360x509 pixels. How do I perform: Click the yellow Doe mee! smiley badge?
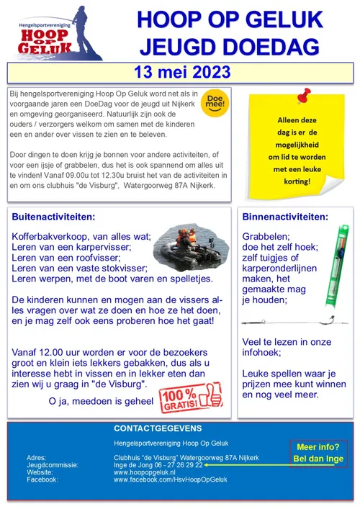214,102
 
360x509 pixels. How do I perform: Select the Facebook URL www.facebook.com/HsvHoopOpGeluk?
170,479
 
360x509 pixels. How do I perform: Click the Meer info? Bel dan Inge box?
317,453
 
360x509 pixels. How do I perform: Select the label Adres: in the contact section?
37,458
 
